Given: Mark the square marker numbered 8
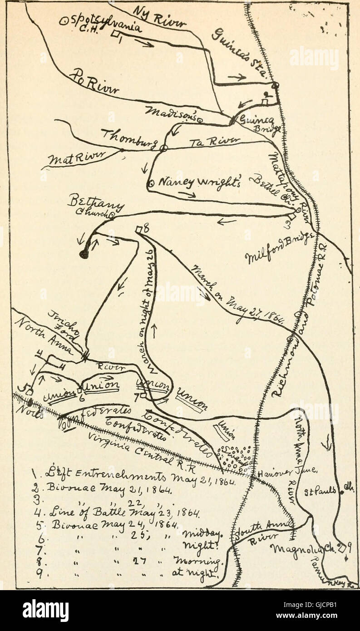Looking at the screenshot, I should click(138, 230).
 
